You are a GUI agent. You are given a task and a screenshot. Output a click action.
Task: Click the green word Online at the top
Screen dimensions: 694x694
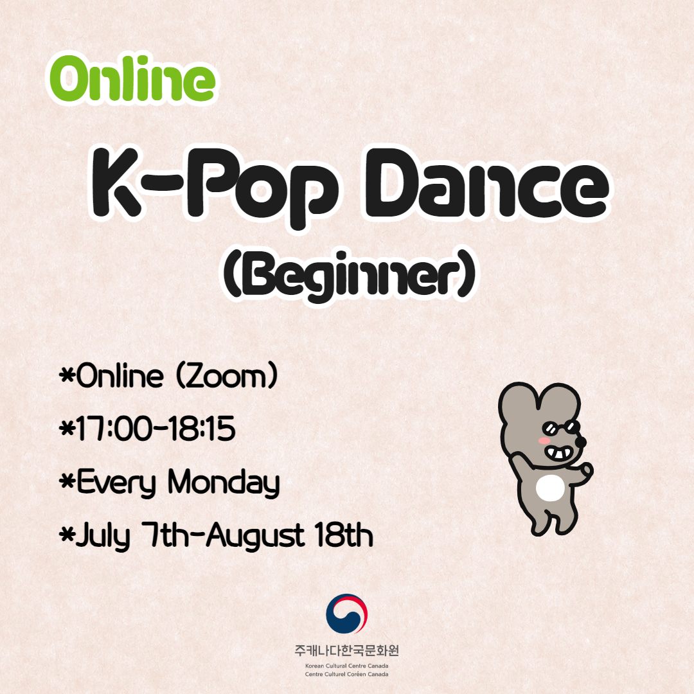tap(132, 79)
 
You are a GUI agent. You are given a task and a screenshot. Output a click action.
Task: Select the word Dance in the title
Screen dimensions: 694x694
tap(487, 184)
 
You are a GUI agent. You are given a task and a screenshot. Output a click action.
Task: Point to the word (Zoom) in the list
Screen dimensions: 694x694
tap(227, 376)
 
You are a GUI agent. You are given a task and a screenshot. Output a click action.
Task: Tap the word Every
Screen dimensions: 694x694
tap(116, 483)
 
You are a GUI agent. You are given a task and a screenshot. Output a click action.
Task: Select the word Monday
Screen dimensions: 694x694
tap(224, 483)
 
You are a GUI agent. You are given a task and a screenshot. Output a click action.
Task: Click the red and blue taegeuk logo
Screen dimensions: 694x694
tap(346, 614)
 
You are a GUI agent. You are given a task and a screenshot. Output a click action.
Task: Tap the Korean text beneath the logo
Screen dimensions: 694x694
tap(346, 650)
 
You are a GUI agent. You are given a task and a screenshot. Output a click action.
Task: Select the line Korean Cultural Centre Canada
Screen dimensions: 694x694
tap(346, 666)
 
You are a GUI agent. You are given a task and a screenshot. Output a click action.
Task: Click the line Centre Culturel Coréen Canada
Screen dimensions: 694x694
tap(346, 674)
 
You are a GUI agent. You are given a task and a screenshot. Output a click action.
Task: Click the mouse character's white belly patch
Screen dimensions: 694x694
tap(550, 488)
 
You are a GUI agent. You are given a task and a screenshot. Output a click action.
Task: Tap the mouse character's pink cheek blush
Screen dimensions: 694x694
tap(544, 441)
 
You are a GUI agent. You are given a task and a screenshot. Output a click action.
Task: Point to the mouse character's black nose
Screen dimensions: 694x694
tap(580, 441)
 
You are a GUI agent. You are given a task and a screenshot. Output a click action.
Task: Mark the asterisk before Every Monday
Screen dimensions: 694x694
tap(67, 481)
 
